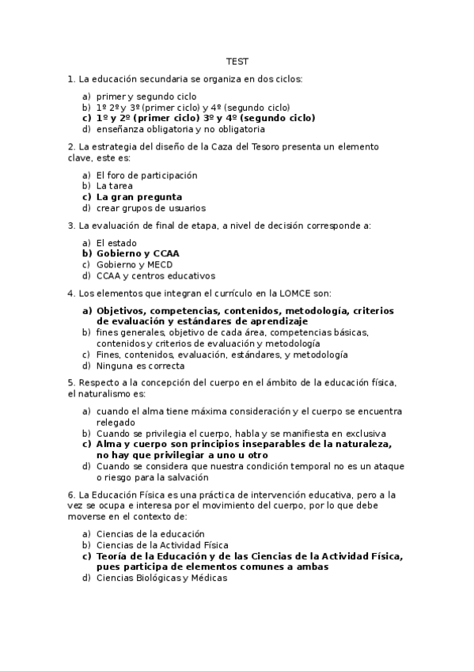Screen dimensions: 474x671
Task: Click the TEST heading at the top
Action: pos(237,61)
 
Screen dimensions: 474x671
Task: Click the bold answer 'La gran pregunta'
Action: pos(138,197)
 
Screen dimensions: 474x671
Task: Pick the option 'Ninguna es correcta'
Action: pos(140,366)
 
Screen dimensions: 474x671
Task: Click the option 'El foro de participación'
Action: pos(146,175)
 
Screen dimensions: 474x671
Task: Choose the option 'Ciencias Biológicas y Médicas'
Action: pos(161,578)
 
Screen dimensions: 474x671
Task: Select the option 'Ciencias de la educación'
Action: pos(150,533)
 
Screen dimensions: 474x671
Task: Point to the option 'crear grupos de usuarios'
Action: pos(150,208)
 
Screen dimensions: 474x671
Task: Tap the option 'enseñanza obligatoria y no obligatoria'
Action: pos(180,129)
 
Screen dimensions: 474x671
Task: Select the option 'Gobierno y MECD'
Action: pos(135,264)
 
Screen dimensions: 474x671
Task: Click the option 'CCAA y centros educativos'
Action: pos(155,275)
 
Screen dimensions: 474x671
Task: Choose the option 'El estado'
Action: pos(116,242)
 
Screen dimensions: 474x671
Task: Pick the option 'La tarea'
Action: pos(115,186)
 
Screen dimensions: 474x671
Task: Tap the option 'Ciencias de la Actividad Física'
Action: pos(162,544)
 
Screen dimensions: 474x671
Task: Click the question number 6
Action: pos(71,495)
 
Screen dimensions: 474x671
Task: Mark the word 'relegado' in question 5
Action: pos(116,423)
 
